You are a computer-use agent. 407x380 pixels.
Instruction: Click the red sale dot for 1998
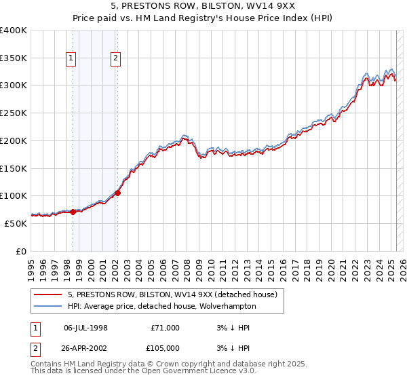pyautogui.click(x=73, y=212)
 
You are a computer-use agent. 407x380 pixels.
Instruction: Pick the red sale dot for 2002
pyautogui.click(x=117, y=193)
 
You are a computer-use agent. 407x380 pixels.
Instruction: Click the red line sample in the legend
pyautogui.click(x=47, y=295)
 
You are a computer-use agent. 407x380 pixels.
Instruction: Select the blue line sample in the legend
pyautogui.click(x=47, y=306)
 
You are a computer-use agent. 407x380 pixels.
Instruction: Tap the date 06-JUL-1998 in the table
pyautogui.click(x=85, y=328)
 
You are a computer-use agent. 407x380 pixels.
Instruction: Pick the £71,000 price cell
pyautogui.click(x=165, y=328)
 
